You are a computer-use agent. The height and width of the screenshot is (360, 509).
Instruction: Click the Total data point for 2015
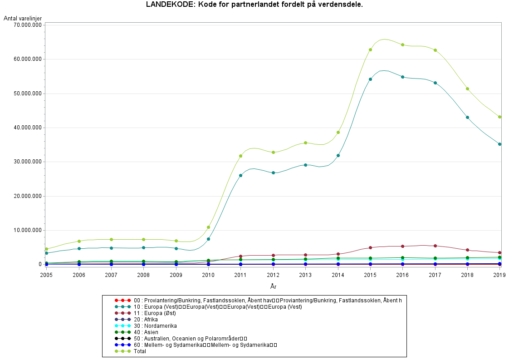(x=370, y=50)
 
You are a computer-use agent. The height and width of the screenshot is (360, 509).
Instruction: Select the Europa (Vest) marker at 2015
(x=370, y=79)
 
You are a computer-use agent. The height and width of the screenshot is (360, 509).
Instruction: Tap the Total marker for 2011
(x=240, y=156)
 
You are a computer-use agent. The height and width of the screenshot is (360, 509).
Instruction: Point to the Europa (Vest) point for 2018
(x=467, y=118)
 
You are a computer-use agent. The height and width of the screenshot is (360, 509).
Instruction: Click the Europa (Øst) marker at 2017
(x=435, y=246)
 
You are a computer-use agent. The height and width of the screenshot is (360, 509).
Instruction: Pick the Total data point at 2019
(x=499, y=117)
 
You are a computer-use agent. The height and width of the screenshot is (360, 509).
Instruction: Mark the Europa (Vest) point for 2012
(x=273, y=173)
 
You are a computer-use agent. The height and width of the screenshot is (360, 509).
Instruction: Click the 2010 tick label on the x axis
(x=208, y=275)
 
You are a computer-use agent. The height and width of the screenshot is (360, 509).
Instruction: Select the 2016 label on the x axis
(x=402, y=275)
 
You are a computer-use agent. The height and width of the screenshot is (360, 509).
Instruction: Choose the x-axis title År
(x=273, y=286)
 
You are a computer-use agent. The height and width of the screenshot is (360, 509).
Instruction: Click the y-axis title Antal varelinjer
(x=23, y=18)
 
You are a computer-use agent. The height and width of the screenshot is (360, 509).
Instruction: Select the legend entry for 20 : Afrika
(x=146, y=320)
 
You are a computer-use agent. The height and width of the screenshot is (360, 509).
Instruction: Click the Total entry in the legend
(x=140, y=351)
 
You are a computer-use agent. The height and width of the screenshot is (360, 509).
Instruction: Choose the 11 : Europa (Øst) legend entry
(x=155, y=313)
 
